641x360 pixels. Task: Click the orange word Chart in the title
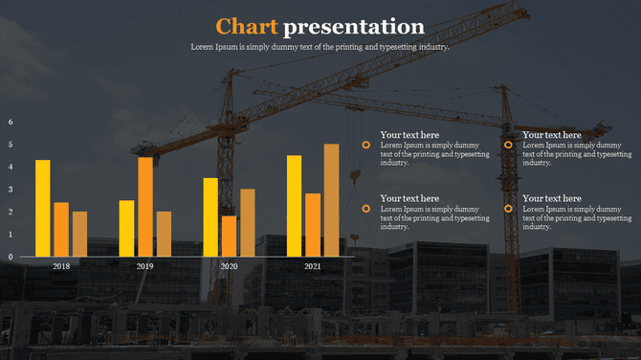[x=247, y=26]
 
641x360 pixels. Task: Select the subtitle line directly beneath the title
[x=320, y=47]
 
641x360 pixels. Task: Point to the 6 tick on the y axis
[x=11, y=123]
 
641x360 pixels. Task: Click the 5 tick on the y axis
[x=11, y=145]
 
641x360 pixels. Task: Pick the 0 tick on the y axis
[x=11, y=257]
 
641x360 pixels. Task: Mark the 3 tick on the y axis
[x=11, y=190]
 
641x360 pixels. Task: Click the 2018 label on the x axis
[x=61, y=266]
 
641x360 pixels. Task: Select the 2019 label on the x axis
[x=144, y=266]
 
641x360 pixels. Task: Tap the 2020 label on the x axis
[x=229, y=266]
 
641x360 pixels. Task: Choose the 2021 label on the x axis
[x=312, y=266]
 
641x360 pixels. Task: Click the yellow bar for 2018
[x=42, y=208]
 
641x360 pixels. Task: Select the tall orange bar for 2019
[x=144, y=207]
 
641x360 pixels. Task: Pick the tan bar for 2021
[x=331, y=200]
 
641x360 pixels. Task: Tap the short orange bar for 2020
[x=229, y=236]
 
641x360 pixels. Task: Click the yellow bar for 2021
[x=294, y=206]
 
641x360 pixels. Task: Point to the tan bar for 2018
[x=79, y=234]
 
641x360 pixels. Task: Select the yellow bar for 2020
[x=210, y=217]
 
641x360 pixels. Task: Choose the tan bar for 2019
[x=164, y=234]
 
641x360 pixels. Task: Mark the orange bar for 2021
[x=313, y=225]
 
